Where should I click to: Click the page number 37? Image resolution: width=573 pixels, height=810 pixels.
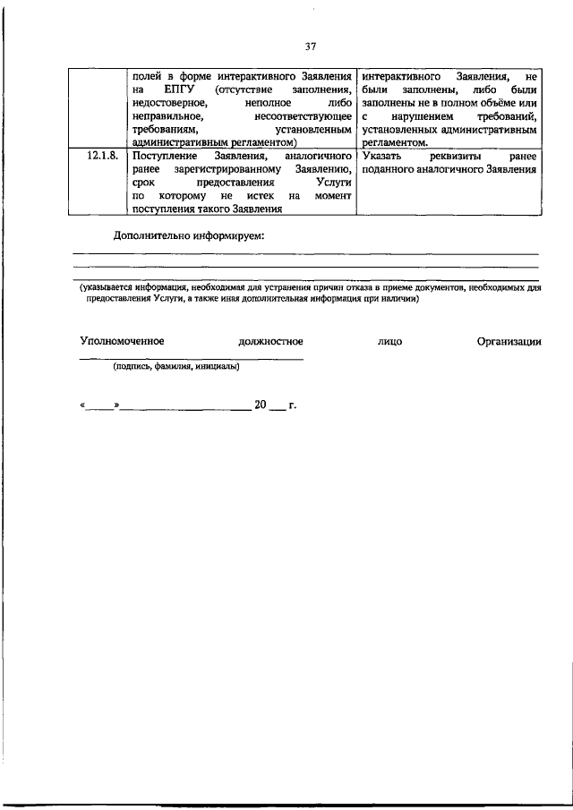coord(311,47)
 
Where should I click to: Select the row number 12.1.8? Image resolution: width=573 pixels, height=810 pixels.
coord(102,156)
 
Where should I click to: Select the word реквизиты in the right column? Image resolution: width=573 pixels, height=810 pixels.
coord(455,156)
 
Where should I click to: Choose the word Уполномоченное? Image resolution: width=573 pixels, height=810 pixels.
coord(123,341)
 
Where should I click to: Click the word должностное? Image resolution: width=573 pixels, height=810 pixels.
coord(270,341)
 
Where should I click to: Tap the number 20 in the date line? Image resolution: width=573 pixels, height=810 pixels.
coord(261,405)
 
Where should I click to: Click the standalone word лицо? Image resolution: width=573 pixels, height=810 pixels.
coord(390,341)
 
